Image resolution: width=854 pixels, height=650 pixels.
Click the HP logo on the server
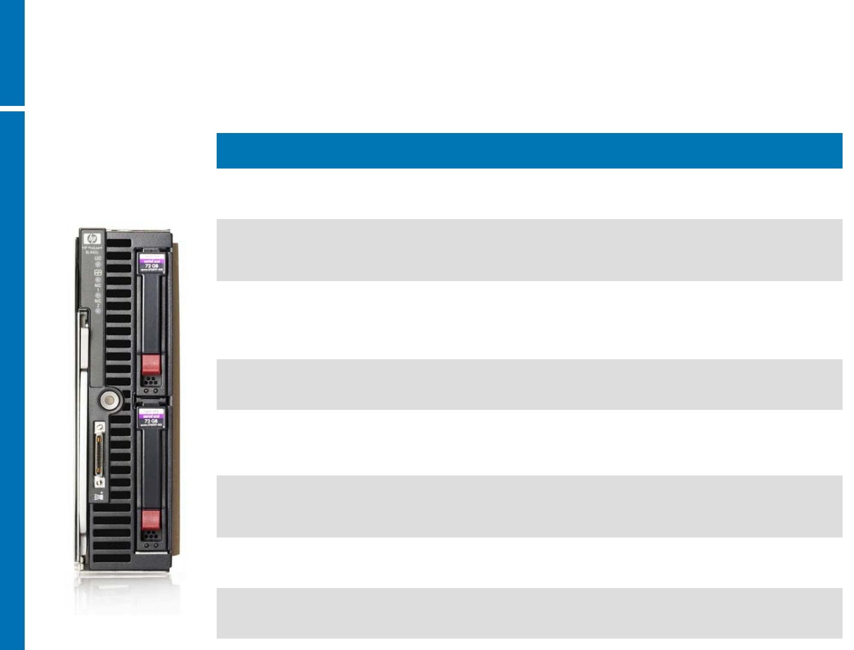click(91, 238)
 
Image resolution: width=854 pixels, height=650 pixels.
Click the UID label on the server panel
click(97, 258)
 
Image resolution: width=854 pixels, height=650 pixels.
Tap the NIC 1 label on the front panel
click(97, 287)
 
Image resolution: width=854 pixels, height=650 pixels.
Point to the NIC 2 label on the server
click(97, 302)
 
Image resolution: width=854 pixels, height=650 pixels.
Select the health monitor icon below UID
click(97, 272)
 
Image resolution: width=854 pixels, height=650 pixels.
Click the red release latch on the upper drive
click(151, 364)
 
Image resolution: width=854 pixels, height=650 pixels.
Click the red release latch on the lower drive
click(150, 519)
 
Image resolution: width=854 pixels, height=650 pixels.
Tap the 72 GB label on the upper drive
click(152, 265)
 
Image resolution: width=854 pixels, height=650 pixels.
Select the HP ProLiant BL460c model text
click(93, 250)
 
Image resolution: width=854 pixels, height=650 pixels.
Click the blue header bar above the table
click(529, 150)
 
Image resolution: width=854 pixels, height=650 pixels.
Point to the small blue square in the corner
click(12, 52)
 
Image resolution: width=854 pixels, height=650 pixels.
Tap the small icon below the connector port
click(99, 497)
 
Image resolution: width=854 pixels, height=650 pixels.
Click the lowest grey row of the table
click(529, 613)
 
